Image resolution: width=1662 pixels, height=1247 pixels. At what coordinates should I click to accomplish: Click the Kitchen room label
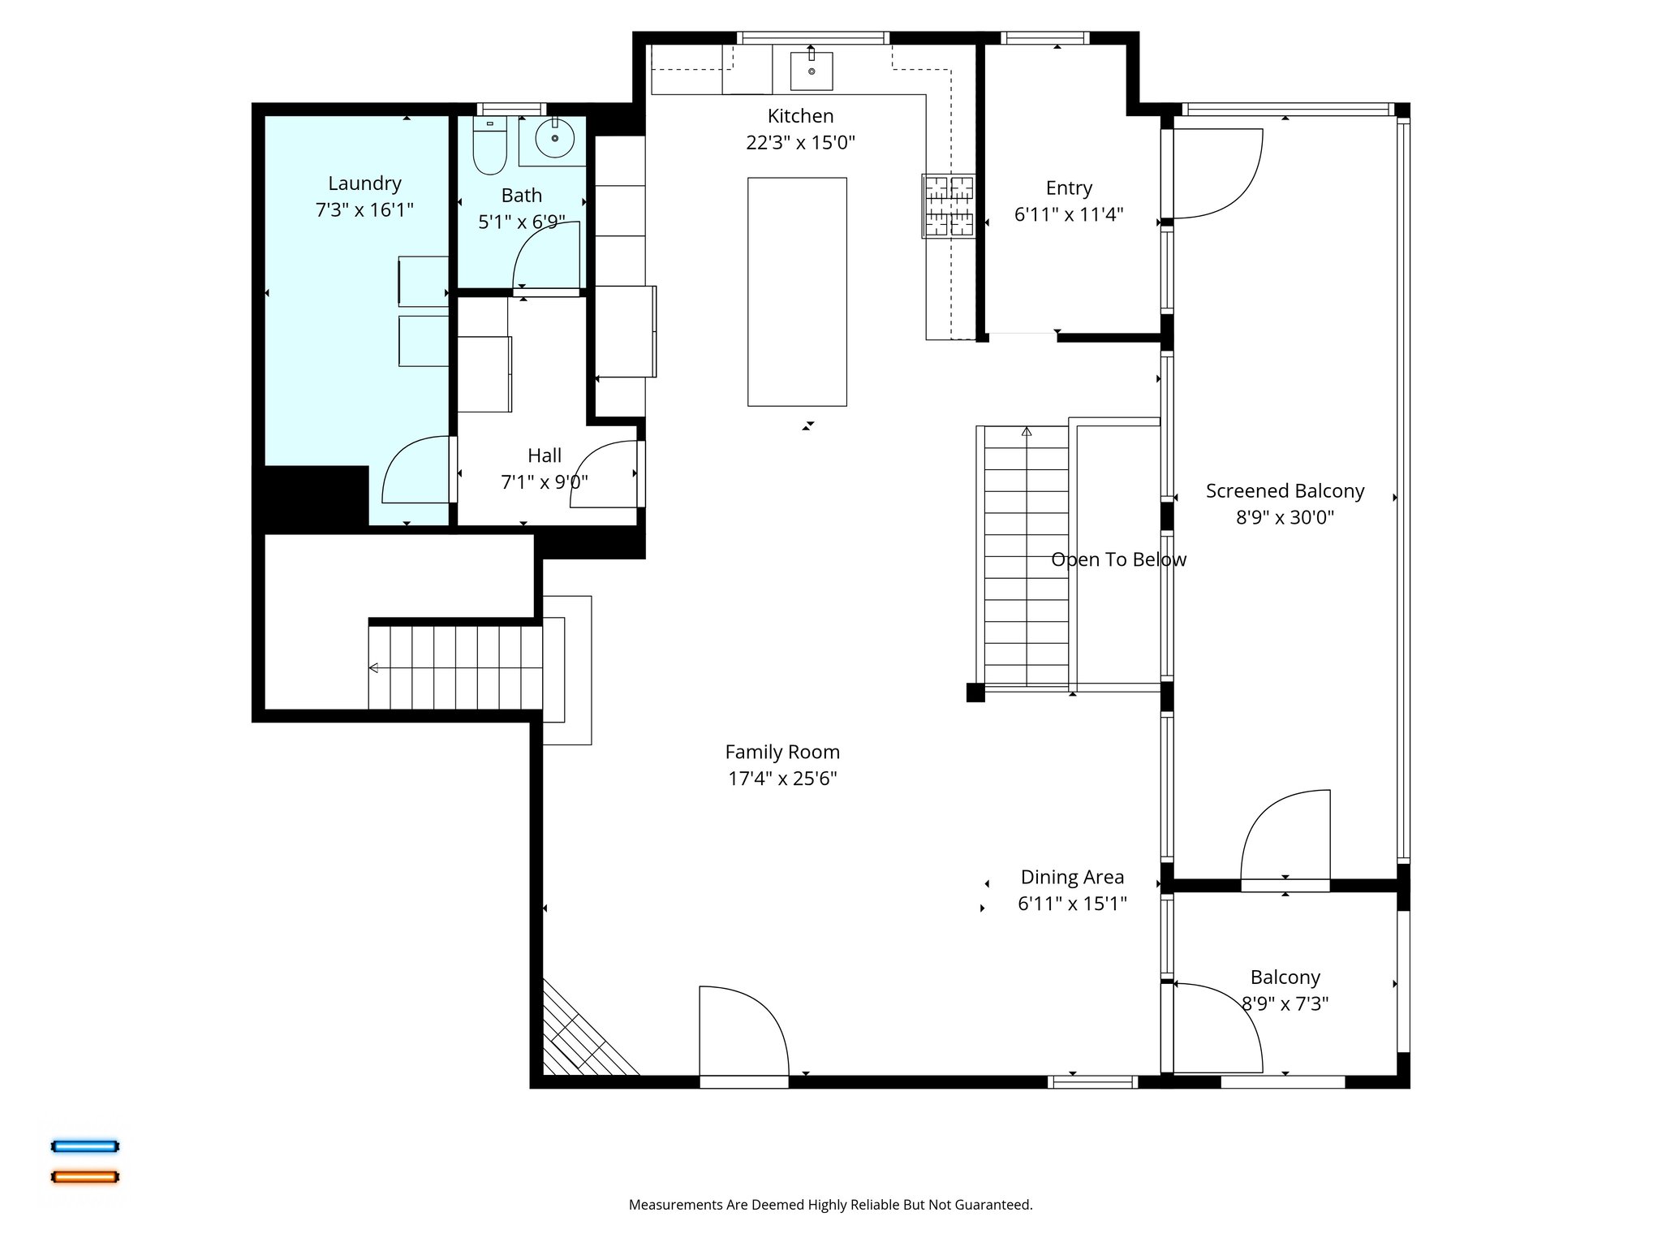pyautogui.click(x=800, y=116)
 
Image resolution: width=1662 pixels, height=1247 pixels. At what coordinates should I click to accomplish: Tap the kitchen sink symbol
pyautogui.click(x=812, y=70)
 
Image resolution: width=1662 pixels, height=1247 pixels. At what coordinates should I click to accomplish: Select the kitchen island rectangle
pyautogui.click(x=797, y=291)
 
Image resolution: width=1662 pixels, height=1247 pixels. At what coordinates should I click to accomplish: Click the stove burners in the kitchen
pyautogui.click(x=949, y=206)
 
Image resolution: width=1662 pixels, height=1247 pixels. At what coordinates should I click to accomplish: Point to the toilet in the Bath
pyautogui.click(x=489, y=147)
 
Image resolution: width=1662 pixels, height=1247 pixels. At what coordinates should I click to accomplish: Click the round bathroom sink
pyautogui.click(x=555, y=139)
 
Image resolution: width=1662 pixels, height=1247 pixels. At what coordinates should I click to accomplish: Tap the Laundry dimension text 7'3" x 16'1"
pyautogui.click(x=364, y=210)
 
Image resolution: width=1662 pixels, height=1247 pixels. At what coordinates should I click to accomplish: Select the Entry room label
pyautogui.click(x=1069, y=188)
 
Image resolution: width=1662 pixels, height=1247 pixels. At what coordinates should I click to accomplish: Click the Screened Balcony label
pyautogui.click(x=1285, y=491)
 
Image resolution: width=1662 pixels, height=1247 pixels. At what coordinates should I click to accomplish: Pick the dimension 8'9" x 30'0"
pyautogui.click(x=1285, y=517)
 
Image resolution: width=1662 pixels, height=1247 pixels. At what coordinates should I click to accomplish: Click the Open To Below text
pyautogui.click(x=1118, y=559)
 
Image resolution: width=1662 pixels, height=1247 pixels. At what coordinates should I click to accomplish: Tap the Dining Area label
pyautogui.click(x=1072, y=877)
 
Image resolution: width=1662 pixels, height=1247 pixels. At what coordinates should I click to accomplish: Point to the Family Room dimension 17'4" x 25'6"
pyautogui.click(x=782, y=779)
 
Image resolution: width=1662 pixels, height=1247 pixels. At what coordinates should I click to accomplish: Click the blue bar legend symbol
pyautogui.click(x=85, y=1146)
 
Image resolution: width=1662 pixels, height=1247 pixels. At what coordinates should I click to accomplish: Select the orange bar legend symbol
pyautogui.click(x=85, y=1176)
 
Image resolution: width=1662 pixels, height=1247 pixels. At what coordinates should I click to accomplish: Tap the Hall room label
pyautogui.click(x=544, y=455)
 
